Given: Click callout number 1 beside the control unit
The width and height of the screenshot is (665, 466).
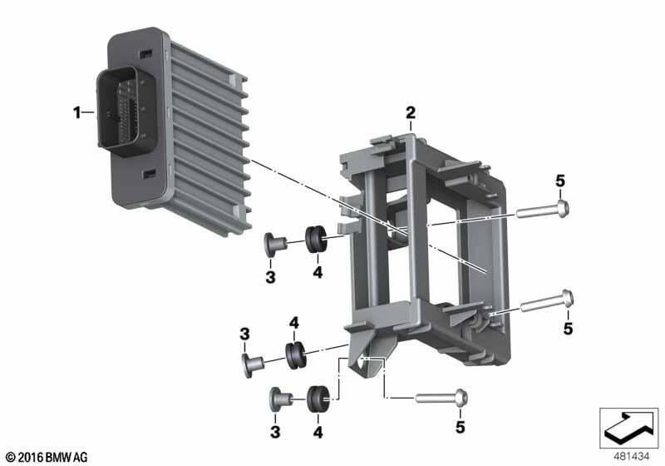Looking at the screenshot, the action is point(76,113).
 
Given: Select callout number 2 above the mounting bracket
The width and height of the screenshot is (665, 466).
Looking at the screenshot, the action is point(410,113).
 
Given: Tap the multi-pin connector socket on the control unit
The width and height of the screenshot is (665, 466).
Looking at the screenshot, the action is point(126,112).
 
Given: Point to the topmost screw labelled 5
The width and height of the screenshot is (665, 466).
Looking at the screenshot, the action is point(543,210).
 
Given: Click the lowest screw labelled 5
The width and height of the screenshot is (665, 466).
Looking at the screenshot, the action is point(442,398).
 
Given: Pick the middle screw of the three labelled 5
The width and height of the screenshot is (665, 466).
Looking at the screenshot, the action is point(547,301).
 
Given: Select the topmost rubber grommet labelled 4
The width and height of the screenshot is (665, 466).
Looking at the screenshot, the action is point(316,239).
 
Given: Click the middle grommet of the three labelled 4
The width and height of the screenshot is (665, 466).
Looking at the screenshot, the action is point(295,354).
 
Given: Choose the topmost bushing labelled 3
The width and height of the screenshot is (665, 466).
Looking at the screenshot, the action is point(274,245).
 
